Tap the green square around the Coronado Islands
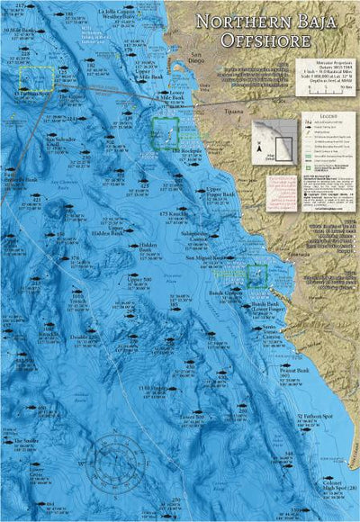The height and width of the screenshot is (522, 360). click(x=165, y=132)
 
